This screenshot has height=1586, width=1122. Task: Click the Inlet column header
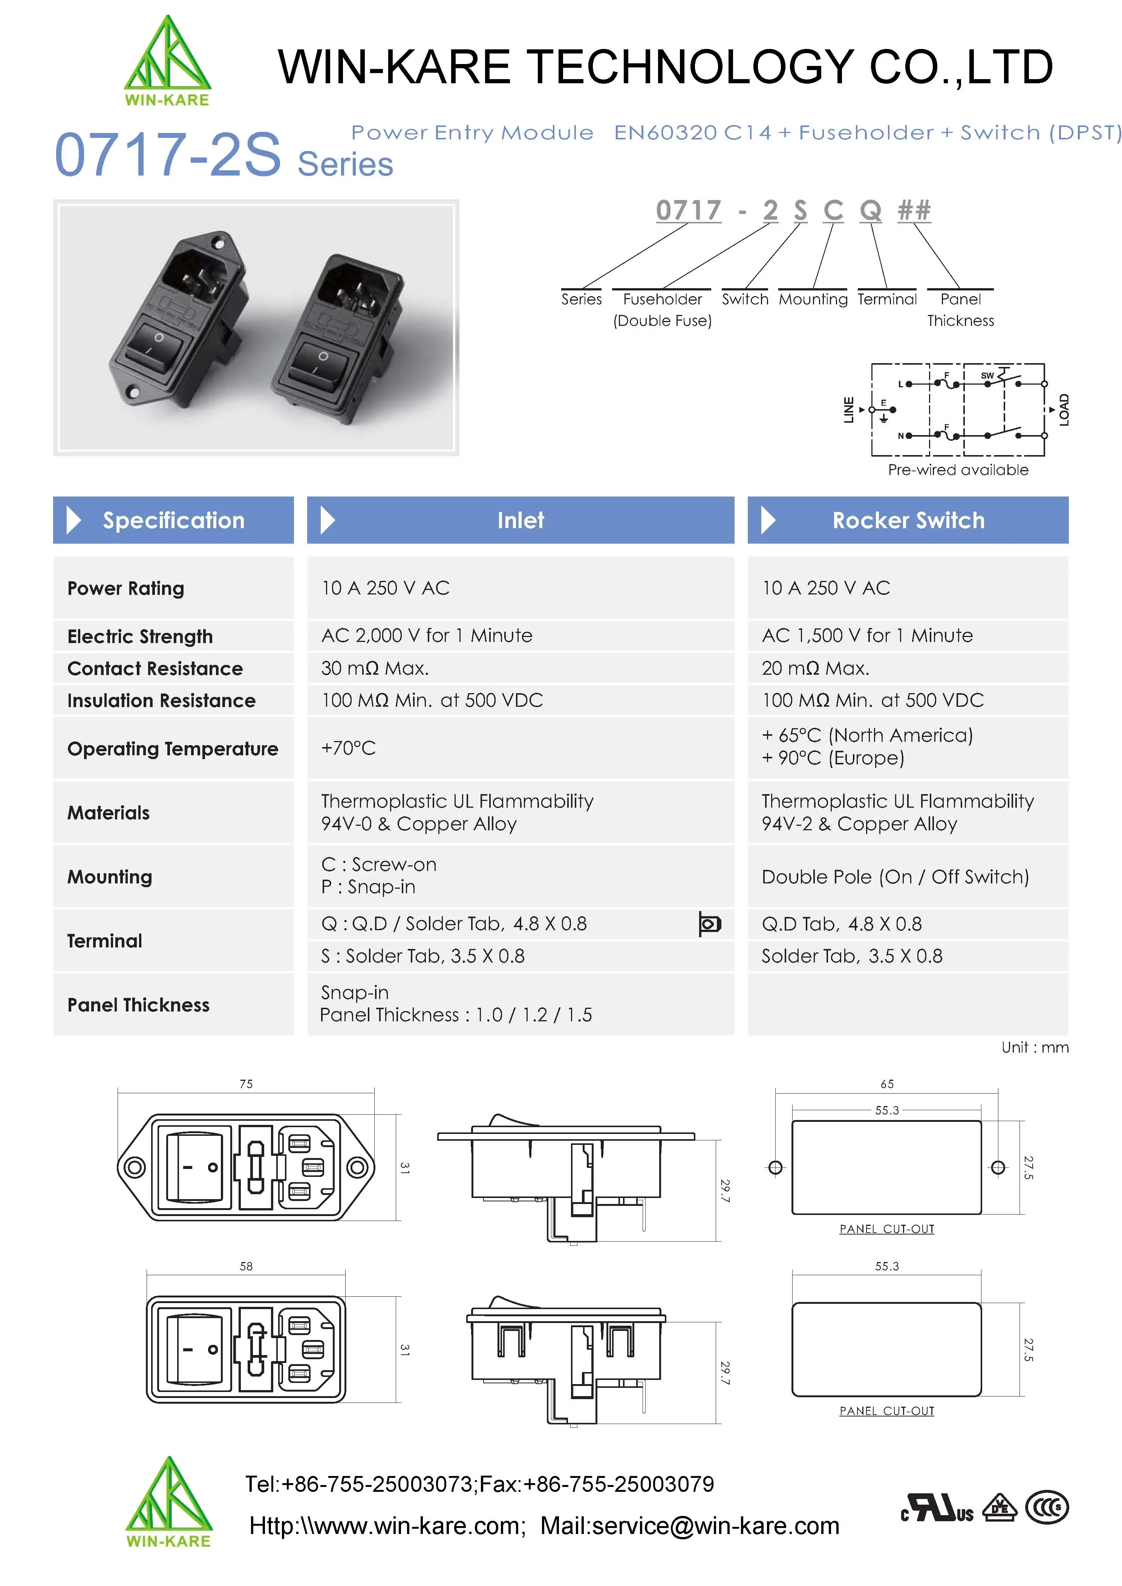click(x=520, y=520)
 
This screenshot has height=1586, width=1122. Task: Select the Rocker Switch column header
click(x=908, y=520)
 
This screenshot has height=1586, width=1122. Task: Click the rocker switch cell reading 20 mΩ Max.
click(x=815, y=668)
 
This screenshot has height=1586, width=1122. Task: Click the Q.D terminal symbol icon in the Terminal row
click(x=710, y=924)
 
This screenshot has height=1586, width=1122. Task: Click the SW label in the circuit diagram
click(x=987, y=376)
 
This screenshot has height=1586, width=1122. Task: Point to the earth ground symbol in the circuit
click(x=884, y=418)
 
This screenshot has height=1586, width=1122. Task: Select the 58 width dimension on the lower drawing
click(x=246, y=1266)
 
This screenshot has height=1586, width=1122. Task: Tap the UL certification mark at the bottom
click(x=938, y=1508)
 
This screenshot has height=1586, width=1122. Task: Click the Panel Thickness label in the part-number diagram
click(x=960, y=309)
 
